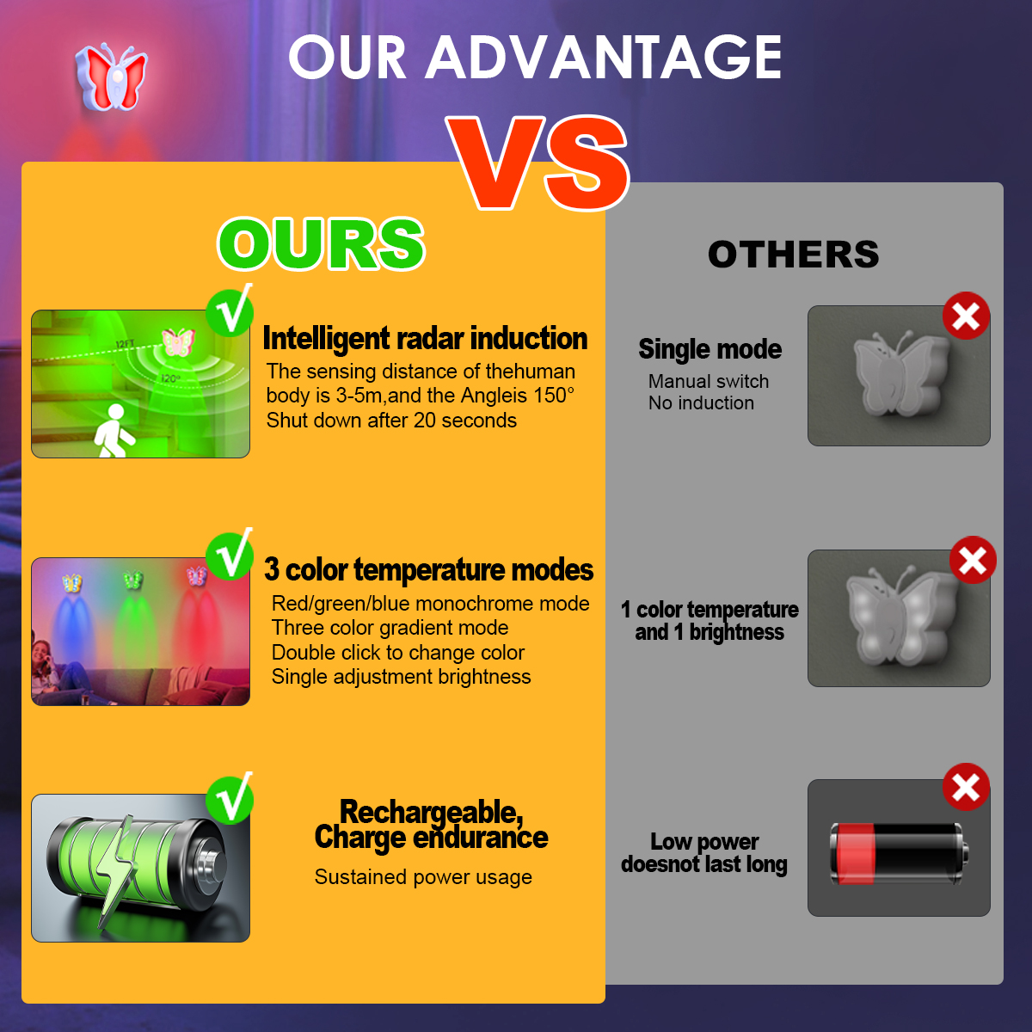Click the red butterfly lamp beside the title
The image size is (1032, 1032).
(112, 77)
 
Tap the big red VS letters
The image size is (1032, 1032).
(537, 163)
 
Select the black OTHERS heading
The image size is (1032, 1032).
(793, 254)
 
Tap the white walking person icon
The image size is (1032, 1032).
(114, 431)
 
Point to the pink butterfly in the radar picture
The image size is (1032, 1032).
(178, 341)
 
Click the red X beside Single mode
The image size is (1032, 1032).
(966, 316)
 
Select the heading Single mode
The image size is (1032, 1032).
(709, 349)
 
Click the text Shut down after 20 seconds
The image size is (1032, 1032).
(391, 421)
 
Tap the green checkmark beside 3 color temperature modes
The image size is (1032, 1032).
(230, 556)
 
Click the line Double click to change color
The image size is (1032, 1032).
(398, 652)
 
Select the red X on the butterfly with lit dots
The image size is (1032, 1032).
(973, 560)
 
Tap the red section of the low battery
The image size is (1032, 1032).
(853, 854)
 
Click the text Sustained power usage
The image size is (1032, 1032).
(423, 876)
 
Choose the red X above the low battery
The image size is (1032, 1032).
(966, 787)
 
